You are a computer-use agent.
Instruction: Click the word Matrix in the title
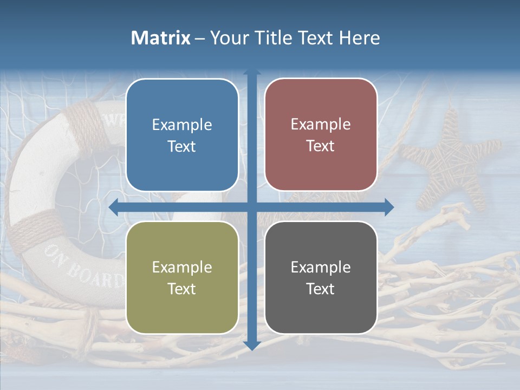pos(160,38)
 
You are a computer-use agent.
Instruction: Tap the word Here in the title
pos(359,38)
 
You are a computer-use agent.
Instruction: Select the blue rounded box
pos(182,135)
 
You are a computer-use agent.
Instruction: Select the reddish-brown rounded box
pos(321,135)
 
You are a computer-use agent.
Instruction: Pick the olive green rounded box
pos(182,277)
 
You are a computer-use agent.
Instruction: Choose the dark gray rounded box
pos(321,277)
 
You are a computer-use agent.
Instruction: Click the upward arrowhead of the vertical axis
pos(252,73)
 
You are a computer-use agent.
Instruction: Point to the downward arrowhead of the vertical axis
pos(252,345)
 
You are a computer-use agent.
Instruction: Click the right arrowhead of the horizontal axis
pos(389,207)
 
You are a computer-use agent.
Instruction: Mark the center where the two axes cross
pos(252,207)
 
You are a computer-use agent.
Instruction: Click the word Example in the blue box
pos(182,125)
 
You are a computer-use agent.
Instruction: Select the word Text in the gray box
pos(321,289)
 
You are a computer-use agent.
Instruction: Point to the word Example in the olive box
pos(182,267)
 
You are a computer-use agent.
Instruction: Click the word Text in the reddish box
pos(321,146)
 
